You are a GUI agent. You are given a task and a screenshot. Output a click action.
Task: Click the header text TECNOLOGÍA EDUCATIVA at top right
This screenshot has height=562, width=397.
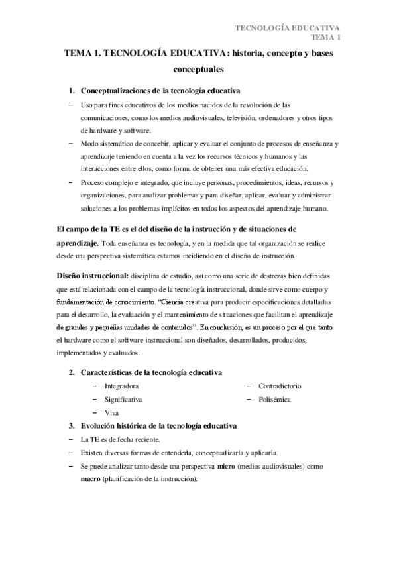click(288, 28)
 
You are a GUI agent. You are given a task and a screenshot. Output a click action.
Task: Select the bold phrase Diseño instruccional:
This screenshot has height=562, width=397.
click(90, 274)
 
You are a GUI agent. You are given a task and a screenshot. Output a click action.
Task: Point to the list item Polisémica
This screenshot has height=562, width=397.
click(274, 399)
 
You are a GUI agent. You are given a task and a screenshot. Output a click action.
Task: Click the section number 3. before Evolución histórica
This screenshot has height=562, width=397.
click(73, 425)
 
